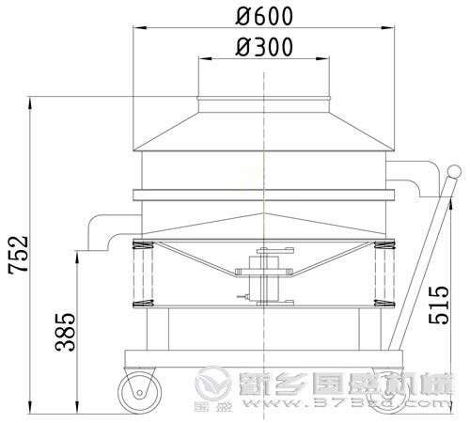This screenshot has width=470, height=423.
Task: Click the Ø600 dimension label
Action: (266, 16)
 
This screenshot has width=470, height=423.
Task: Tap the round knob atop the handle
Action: (453, 173)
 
